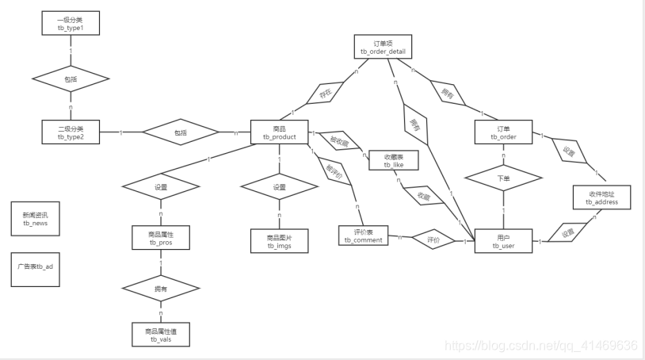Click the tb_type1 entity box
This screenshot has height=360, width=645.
point(71,22)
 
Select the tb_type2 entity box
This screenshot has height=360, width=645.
point(71,132)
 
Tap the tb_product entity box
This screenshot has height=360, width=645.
point(279,132)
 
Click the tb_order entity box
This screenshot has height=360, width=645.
point(503,132)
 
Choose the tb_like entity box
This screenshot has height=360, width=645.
point(393,160)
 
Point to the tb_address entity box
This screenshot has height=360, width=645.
point(601,197)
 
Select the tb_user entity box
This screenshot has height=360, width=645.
point(503,241)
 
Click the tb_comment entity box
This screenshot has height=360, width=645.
point(364,236)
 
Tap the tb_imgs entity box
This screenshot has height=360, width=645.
point(279,241)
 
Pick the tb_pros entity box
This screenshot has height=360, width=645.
point(160,238)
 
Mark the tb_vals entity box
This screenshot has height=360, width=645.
point(160,334)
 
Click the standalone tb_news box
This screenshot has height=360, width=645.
point(36,218)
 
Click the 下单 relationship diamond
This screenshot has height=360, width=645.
point(503,178)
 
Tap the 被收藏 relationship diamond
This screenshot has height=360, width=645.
point(339,141)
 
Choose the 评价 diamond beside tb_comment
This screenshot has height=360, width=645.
point(433,238)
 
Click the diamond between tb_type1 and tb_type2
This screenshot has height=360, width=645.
point(71,79)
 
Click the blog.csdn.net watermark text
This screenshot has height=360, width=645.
point(540,346)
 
